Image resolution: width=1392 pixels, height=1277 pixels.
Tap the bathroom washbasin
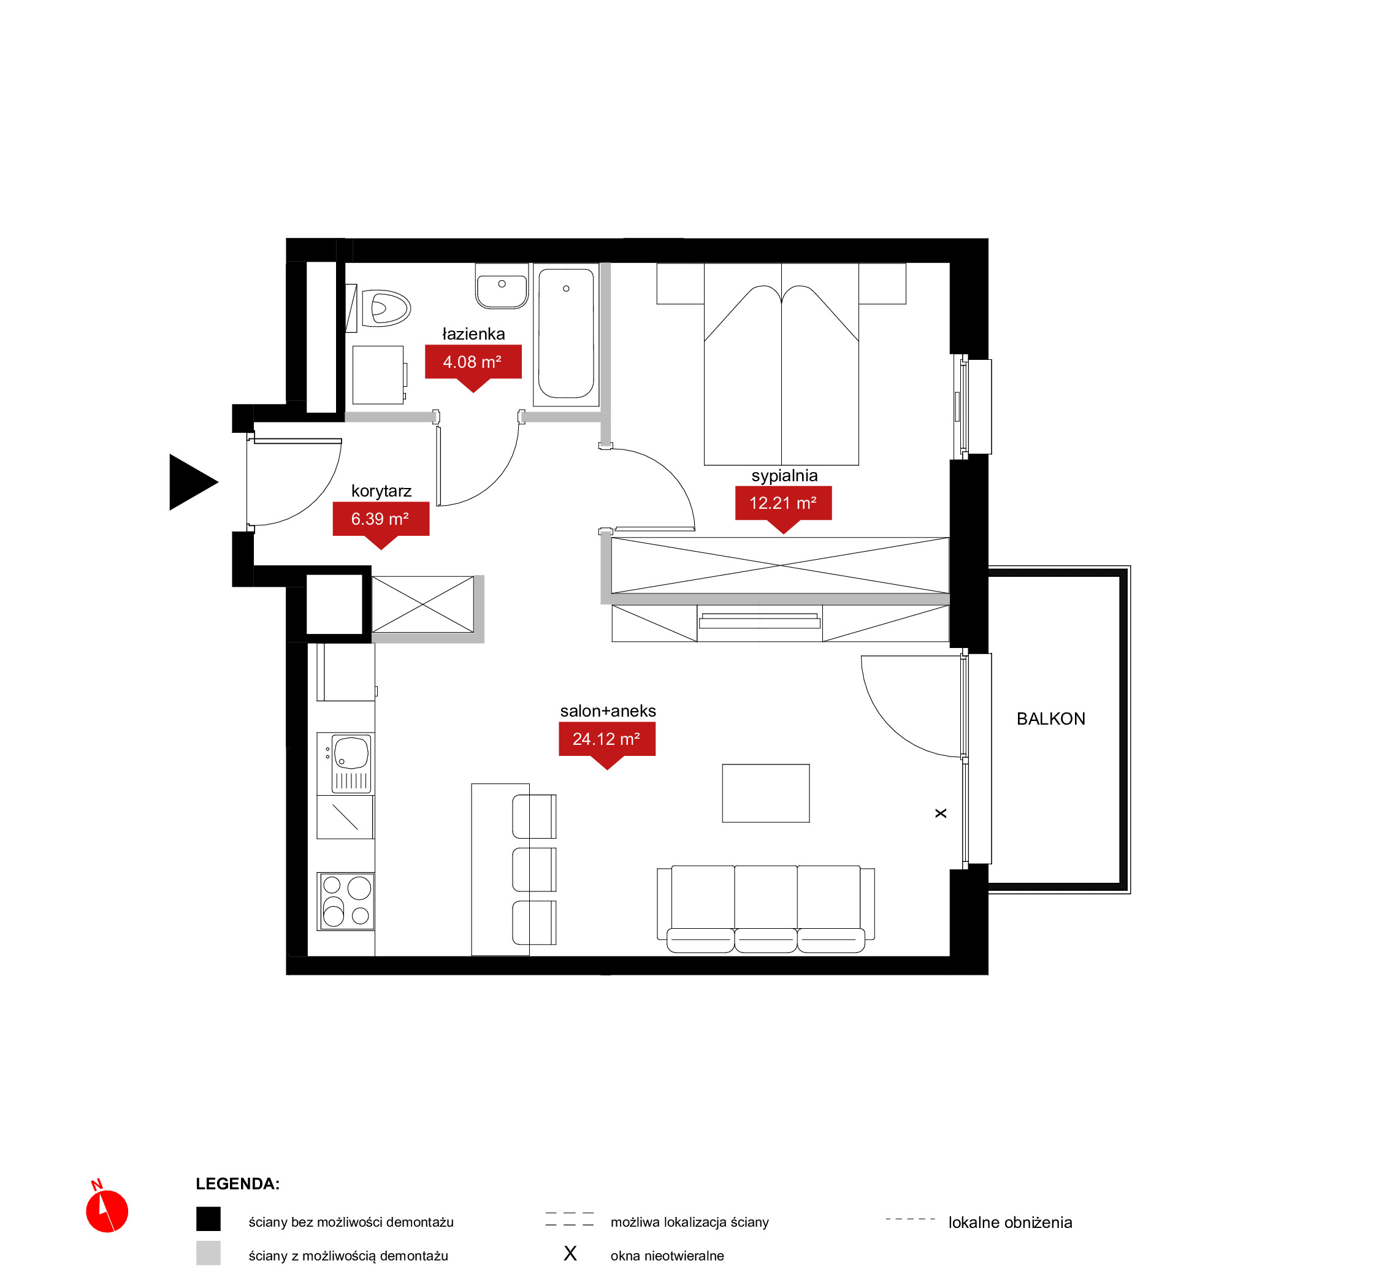pyautogui.click(x=502, y=286)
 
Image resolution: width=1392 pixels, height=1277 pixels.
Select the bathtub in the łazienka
pyautogui.click(x=567, y=334)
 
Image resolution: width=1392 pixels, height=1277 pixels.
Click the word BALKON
pyautogui.click(x=1051, y=719)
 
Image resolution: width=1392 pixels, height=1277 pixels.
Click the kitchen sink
pyautogui.click(x=352, y=763)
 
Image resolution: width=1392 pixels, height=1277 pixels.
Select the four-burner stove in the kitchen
pyautogui.click(x=346, y=901)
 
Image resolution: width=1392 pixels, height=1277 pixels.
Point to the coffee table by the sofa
pyautogui.click(x=766, y=793)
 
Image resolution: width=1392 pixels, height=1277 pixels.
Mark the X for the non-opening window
pyautogui.click(x=941, y=814)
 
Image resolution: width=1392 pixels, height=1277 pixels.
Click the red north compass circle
pyautogui.click(x=107, y=1211)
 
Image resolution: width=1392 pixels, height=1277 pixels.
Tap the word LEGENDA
pyautogui.click(x=238, y=1184)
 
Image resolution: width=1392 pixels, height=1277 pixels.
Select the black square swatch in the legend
pyautogui.click(x=208, y=1219)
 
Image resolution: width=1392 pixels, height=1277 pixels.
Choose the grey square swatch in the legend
pyautogui.click(x=208, y=1253)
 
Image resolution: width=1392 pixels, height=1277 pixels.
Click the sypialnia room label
pyautogui.click(x=784, y=475)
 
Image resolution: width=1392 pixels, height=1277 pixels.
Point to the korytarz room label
pyautogui.click(x=381, y=490)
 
